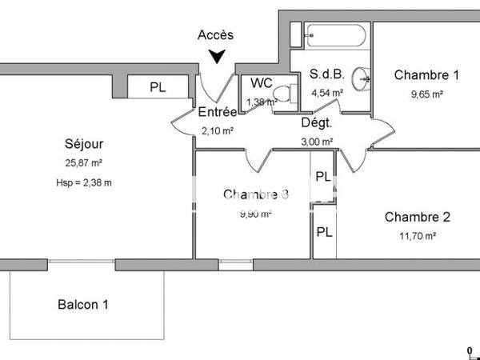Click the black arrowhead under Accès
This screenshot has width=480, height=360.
click(x=216, y=56)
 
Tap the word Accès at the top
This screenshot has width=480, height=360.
click(x=216, y=34)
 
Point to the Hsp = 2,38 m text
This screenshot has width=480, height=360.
click(x=84, y=183)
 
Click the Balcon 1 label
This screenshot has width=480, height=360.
click(x=82, y=305)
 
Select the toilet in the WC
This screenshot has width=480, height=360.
click(x=278, y=98)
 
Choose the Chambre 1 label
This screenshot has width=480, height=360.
click(x=426, y=75)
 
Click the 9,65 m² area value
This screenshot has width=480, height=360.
click(x=426, y=94)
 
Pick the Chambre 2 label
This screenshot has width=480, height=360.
click(x=418, y=217)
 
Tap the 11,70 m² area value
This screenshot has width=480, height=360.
click(x=418, y=236)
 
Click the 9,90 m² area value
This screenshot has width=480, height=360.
click(x=255, y=214)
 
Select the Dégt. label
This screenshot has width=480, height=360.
click(x=317, y=123)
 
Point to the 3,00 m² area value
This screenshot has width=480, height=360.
click(x=317, y=142)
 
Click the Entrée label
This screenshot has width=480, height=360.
click(x=217, y=112)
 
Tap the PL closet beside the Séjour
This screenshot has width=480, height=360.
click(x=158, y=87)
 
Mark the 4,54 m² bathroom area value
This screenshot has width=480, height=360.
click(x=326, y=92)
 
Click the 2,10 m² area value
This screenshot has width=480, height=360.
click(x=217, y=130)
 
